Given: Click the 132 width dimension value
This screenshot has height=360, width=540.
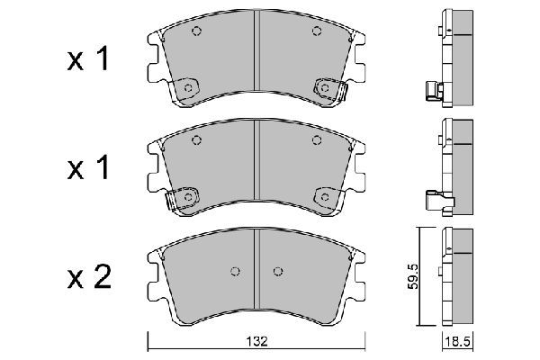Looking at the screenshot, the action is [256, 341].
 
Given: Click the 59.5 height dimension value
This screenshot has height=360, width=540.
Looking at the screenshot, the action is [413, 276].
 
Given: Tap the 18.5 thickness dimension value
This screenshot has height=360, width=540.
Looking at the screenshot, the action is [457, 342].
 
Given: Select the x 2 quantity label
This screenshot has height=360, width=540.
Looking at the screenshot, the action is [89, 276].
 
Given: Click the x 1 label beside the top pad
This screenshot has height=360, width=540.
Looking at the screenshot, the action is [88, 58].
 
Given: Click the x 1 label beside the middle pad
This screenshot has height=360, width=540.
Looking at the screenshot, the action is [88, 167].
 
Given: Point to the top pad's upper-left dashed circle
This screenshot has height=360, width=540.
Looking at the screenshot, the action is [196, 31].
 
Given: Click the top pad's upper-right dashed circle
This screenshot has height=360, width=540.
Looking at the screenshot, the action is [317, 31].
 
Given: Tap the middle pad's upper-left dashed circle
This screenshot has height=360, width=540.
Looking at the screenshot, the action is [196, 140].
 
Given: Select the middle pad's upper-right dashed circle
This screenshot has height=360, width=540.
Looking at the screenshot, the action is [317, 140].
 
